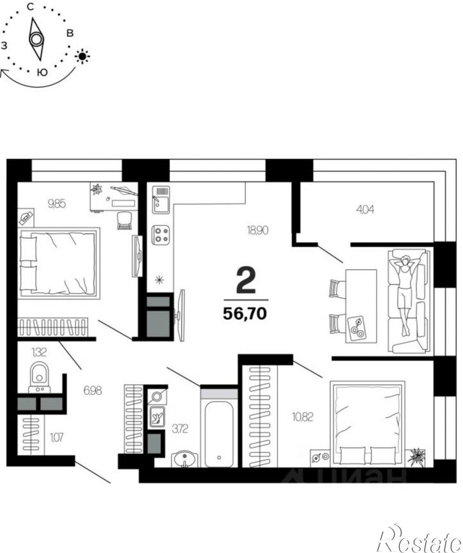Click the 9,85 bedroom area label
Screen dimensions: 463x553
(57, 204)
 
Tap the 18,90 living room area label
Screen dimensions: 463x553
(257, 231)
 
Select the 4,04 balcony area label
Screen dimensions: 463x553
(365, 210)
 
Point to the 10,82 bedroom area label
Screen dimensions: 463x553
(303, 417)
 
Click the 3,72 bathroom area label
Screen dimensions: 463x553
(180, 429)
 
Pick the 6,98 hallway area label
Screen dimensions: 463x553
(93, 390)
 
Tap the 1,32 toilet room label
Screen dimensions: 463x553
(39, 352)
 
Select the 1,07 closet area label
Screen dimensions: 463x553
(56, 437)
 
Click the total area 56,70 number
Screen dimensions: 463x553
(245, 313)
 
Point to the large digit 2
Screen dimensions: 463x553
(246, 280)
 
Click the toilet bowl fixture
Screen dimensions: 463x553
(40, 376)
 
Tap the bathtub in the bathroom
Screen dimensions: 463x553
(218, 434)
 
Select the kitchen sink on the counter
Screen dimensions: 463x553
(161, 200)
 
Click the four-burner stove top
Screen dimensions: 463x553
(161, 235)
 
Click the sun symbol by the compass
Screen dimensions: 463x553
(82, 56)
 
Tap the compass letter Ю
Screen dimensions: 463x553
(42, 72)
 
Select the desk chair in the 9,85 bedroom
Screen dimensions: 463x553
(125, 220)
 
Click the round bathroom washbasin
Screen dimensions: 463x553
(185, 459)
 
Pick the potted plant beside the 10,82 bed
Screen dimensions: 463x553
(416, 457)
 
